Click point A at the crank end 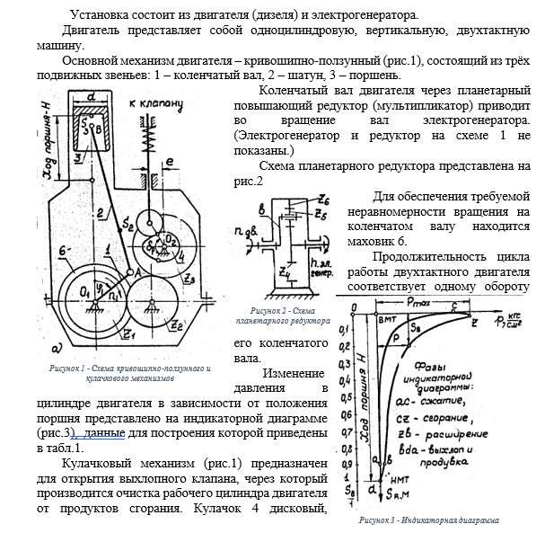[135, 270]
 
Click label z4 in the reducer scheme [284, 271]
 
